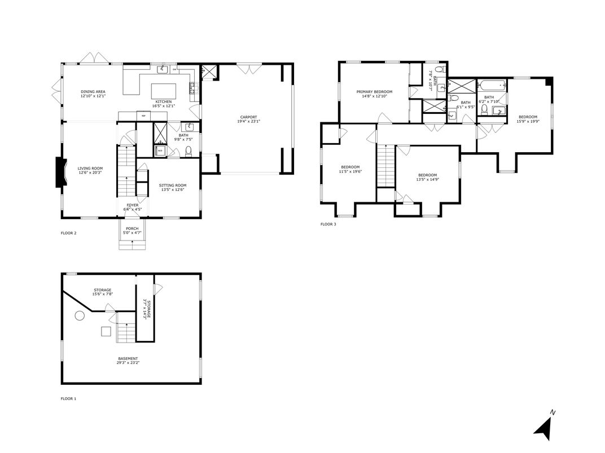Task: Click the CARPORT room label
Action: click(x=248, y=117)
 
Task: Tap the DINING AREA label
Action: click(x=93, y=91)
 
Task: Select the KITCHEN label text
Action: click(x=164, y=101)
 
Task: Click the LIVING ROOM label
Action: click(x=90, y=168)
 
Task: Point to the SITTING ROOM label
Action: click(x=172, y=185)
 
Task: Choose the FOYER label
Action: click(x=132, y=205)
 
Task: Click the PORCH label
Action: click(x=132, y=228)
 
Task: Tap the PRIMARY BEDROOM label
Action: click(x=374, y=91)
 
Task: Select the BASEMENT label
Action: click(x=128, y=359)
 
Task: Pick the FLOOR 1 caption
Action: click(x=68, y=398)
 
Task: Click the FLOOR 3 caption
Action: click(x=328, y=224)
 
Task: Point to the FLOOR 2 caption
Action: click(x=68, y=232)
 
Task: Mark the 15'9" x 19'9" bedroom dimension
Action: click(x=528, y=121)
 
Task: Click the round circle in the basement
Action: click(x=80, y=316)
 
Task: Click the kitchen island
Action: click(x=164, y=90)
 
